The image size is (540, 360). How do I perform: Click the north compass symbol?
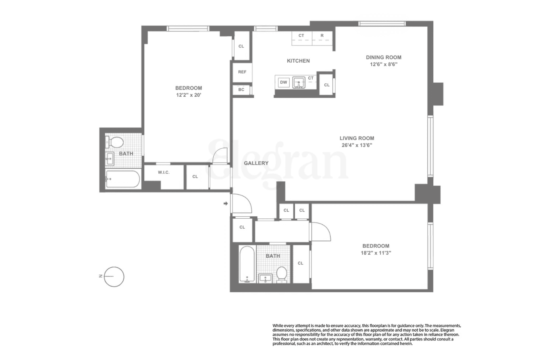coord(114,276)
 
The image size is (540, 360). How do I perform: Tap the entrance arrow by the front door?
coord(226,203)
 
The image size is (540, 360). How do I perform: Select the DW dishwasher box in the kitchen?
coord(283,82)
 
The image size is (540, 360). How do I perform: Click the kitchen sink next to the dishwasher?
coord(299,83)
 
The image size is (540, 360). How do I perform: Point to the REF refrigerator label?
coord(242,72)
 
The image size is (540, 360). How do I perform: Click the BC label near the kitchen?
coord(241,90)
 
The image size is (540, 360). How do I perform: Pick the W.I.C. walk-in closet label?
coord(164,172)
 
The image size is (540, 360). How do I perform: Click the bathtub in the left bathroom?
coord(123,179)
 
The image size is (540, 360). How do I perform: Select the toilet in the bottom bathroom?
coord(282,274)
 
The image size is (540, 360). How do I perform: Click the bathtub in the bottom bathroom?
coord(247,264)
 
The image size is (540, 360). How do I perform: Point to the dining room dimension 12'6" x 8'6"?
coord(383,64)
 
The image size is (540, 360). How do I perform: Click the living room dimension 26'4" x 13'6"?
coord(357,145)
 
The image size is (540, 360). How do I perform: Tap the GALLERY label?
coord(256,163)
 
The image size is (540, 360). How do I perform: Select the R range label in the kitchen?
coord(322,36)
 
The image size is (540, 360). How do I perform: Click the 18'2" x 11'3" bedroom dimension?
coord(376,253)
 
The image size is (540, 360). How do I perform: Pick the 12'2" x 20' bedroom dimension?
coord(188,95)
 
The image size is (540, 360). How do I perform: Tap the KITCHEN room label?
coord(298,61)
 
